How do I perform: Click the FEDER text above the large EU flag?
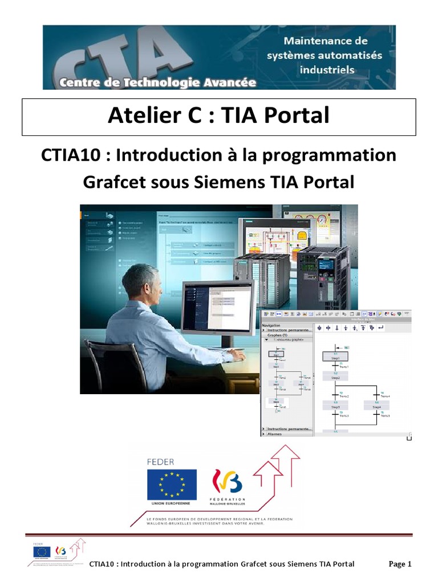click(161, 462)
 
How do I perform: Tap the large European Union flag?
click(171, 484)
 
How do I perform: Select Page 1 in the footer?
click(400, 564)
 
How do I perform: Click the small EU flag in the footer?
click(41, 552)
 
